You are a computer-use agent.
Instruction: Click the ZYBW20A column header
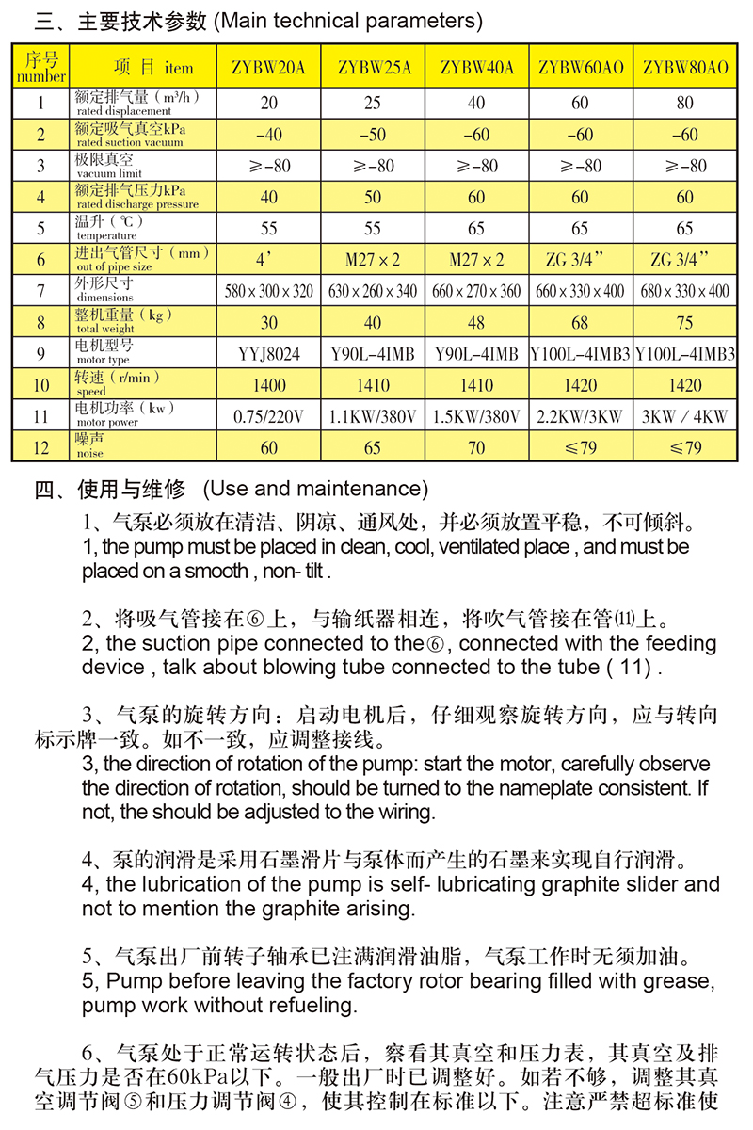[x=269, y=67]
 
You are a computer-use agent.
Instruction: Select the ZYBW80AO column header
[x=685, y=67]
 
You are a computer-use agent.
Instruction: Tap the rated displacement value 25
[x=373, y=103]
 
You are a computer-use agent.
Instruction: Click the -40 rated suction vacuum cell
[x=269, y=135]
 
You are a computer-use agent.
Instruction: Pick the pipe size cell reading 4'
[x=269, y=260]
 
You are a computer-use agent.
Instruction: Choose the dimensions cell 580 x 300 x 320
[x=269, y=291]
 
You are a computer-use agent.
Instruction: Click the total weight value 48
[x=476, y=322]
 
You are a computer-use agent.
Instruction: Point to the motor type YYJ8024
[x=269, y=354]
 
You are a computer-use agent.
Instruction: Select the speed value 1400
[x=269, y=385]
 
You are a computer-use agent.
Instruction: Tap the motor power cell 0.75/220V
[x=269, y=416]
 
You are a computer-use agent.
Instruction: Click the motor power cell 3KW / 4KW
[x=685, y=416]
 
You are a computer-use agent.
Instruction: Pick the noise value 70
[x=476, y=447]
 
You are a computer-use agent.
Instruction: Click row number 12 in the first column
[x=41, y=447]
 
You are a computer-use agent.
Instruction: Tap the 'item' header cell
[x=152, y=67]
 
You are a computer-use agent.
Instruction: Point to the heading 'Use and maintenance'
[x=314, y=489]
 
